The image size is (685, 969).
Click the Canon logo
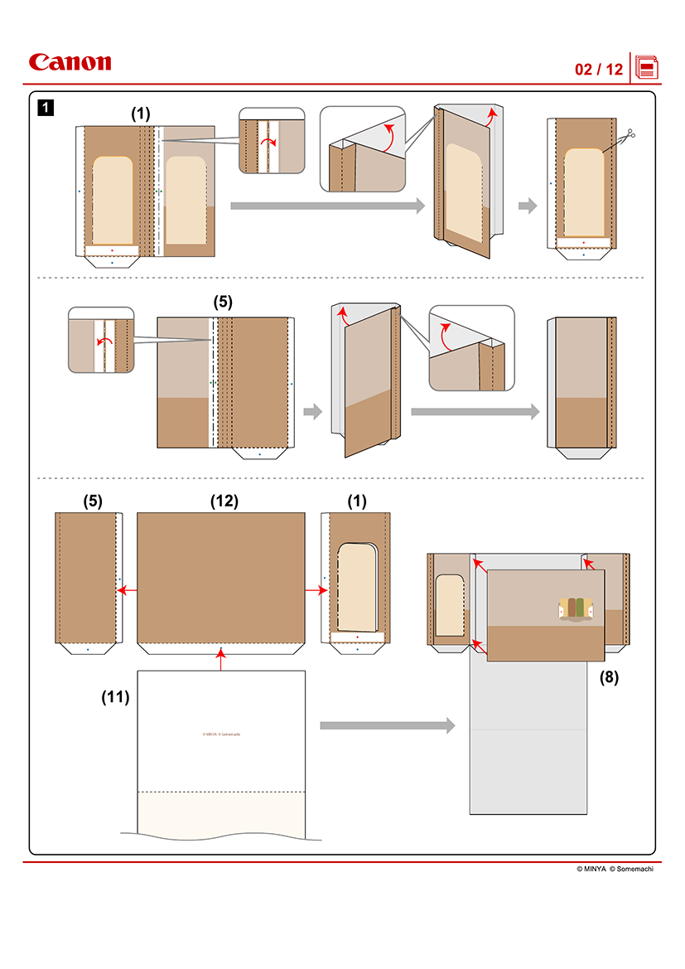[70, 63]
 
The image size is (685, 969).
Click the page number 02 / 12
[598, 70]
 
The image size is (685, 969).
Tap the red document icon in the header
[647, 67]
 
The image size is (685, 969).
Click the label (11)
[116, 697]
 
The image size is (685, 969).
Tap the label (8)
[609, 676]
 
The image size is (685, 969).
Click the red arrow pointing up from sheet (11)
[221, 660]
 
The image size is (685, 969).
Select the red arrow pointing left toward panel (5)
[127, 590]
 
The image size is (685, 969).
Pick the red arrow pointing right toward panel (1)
[316, 590]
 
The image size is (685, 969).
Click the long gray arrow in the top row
[327, 206]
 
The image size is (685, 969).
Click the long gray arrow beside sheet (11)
[388, 726]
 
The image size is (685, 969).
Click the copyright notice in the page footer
[617, 870]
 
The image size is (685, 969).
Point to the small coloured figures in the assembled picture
[576, 608]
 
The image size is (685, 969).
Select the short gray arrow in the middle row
[312, 411]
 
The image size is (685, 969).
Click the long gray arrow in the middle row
[475, 411]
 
